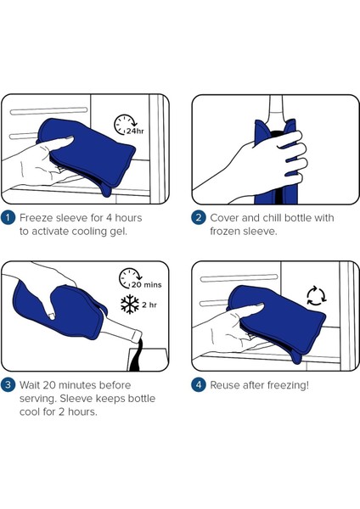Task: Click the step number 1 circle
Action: pos(8,217)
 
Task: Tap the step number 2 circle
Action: pos(198,217)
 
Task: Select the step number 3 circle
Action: pos(8,385)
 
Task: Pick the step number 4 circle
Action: pos(198,385)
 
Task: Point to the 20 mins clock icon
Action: pos(130,278)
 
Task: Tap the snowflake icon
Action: pos(130,305)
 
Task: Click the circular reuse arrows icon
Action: pos(316,296)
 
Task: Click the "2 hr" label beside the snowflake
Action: pos(149,305)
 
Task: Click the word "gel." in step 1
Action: pos(118,232)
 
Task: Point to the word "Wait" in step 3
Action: pos(30,385)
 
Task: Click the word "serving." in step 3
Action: pos(38,399)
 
